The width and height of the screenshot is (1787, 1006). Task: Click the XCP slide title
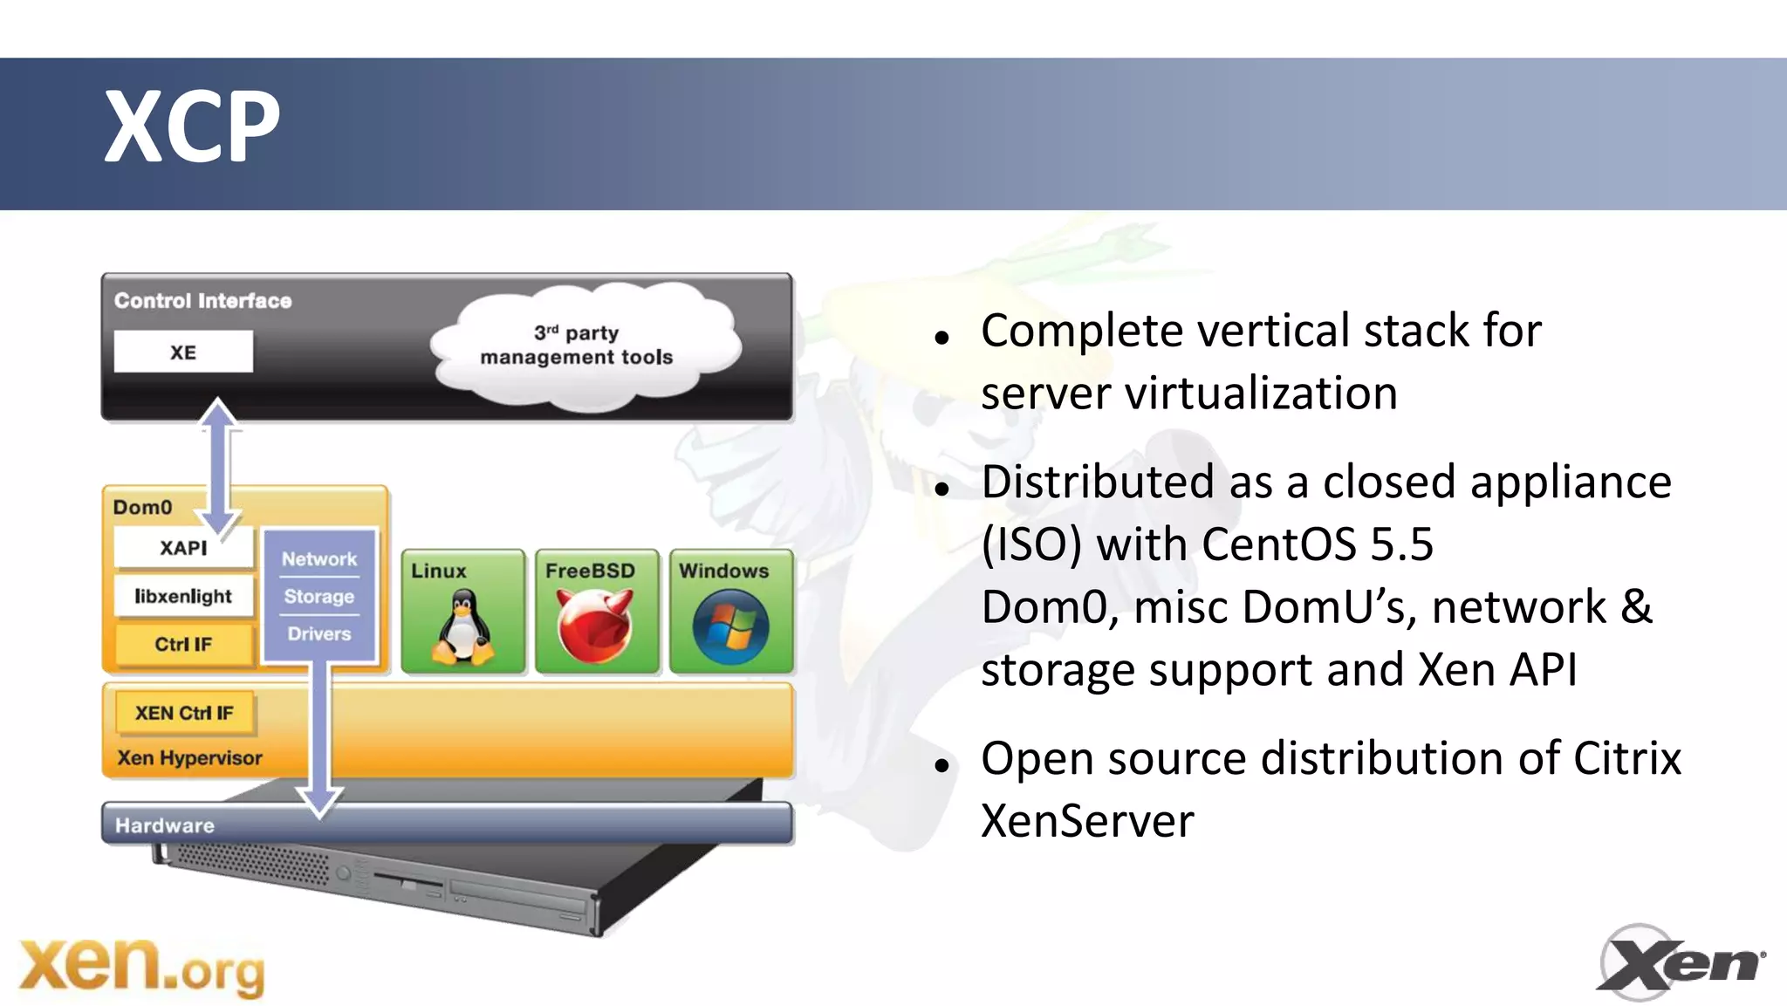click(192, 127)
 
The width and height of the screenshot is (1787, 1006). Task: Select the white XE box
click(183, 352)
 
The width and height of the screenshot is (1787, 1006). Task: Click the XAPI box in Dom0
click(183, 548)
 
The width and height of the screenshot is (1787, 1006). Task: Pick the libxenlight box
click(183, 596)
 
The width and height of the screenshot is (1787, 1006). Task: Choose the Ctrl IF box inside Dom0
click(183, 644)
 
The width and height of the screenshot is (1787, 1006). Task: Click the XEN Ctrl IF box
click(184, 713)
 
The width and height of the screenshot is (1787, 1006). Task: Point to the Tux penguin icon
click(462, 626)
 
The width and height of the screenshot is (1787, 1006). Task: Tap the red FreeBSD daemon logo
click(595, 625)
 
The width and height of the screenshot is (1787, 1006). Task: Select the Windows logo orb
click(730, 626)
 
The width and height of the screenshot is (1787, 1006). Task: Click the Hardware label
click(165, 825)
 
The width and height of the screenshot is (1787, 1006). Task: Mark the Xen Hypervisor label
click(189, 758)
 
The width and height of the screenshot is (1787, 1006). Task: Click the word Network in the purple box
click(319, 559)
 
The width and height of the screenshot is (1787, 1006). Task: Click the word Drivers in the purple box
click(319, 634)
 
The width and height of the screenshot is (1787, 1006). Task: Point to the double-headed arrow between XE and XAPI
click(218, 467)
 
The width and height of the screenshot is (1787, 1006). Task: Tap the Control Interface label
click(203, 301)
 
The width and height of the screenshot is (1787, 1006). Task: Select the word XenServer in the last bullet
click(1087, 821)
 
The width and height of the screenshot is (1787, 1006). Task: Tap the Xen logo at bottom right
click(1680, 963)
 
